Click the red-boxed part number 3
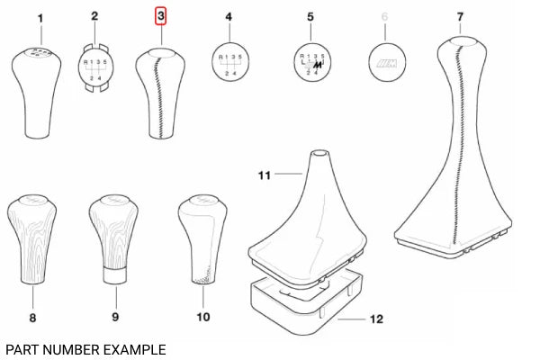161,17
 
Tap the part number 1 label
40,17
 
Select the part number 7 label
460,17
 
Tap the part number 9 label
114,317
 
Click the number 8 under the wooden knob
32,317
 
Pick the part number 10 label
202,317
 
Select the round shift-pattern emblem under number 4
229,67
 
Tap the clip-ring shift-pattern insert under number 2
96,67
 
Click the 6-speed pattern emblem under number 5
310,65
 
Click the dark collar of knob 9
113,274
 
